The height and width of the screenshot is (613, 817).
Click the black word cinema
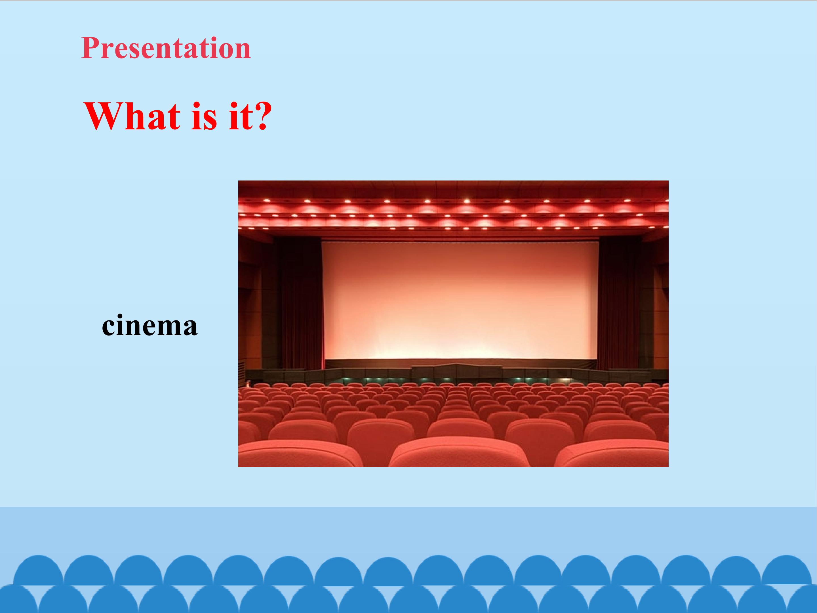(x=149, y=325)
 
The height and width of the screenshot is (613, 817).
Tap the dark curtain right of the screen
(x=620, y=303)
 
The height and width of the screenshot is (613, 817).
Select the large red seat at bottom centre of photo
(x=460, y=454)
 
